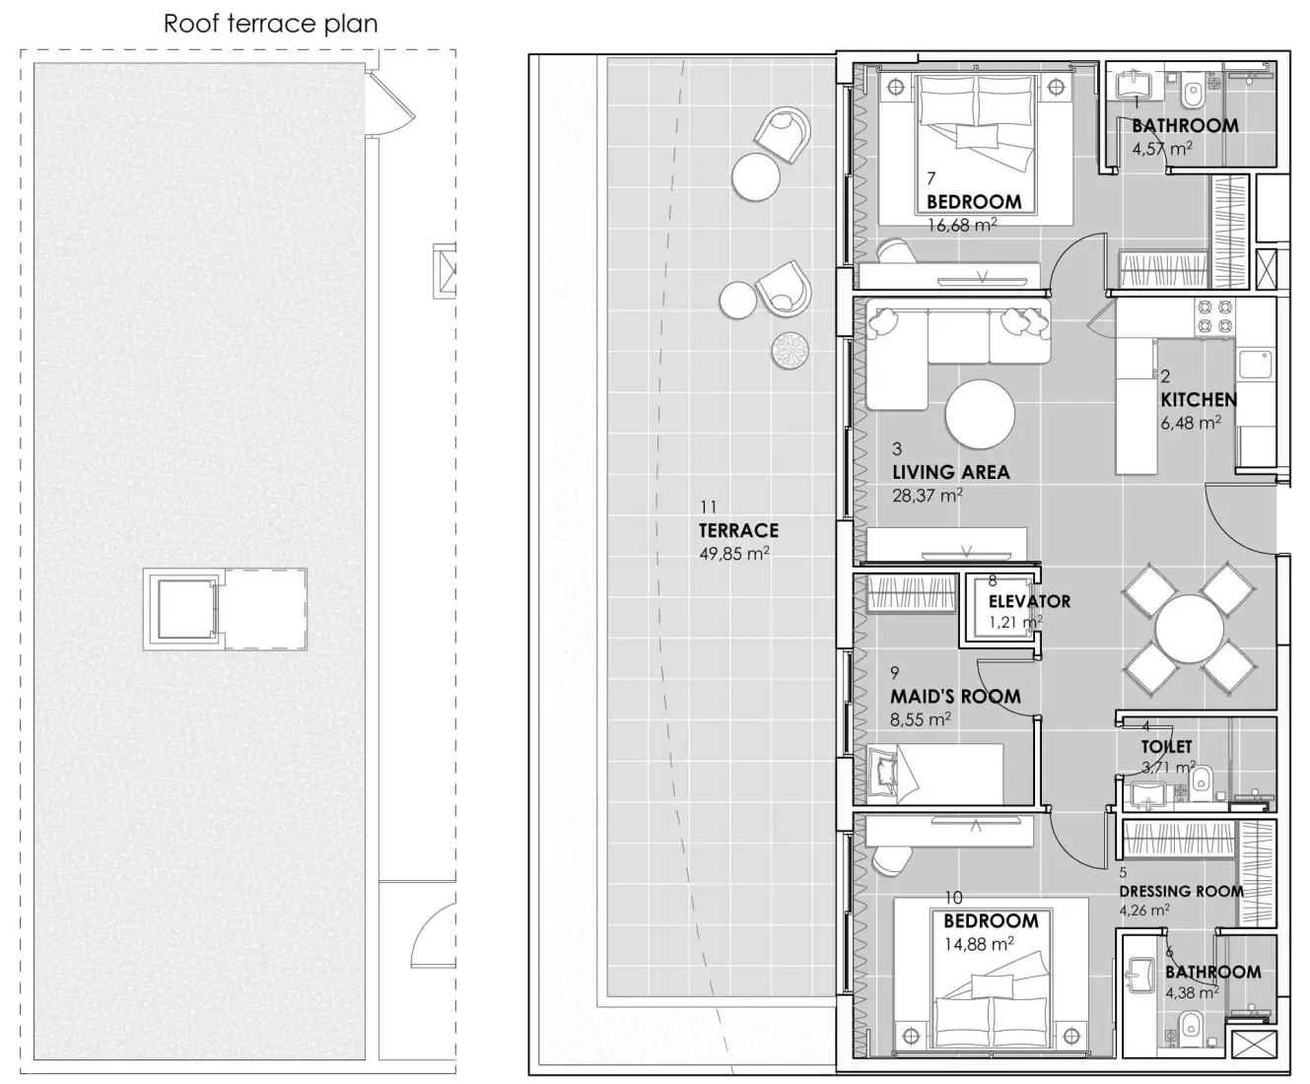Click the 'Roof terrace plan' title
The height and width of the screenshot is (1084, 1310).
tap(270, 24)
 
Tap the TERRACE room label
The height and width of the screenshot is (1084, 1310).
tap(738, 530)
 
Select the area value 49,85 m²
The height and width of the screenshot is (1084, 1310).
tap(733, 554)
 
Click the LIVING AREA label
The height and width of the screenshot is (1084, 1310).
tap(950, 472)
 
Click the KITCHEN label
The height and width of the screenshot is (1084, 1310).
tap(1198, 399)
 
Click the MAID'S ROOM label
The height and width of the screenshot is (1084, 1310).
tap(954, 696)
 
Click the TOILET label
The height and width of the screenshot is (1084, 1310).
tap(1166, 747)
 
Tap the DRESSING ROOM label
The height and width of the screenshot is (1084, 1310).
tap(1181, 891)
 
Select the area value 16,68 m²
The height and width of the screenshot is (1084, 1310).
tap(961, 225)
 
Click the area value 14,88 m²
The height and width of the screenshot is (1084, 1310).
tap(978, 944)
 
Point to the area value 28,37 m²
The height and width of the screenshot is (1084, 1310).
tap(927, 496)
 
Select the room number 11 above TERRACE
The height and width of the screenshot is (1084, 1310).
tap(708, 507)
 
